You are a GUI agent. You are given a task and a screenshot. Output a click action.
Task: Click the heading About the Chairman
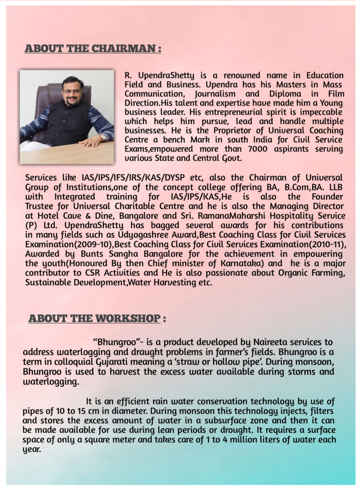tap(92, 48)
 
